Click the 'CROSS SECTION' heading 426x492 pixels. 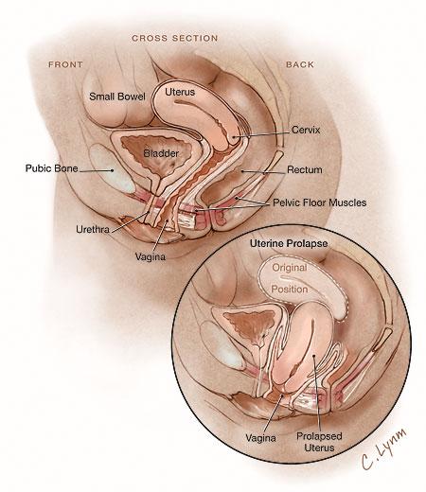[175, 38]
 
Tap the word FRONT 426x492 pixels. [65, 64]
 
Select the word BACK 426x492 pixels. [300, 64]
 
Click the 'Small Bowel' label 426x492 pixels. [117, 97]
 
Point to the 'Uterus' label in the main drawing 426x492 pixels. [180, 92]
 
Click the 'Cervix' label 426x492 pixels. [306, 130]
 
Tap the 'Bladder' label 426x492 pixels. [161, 153]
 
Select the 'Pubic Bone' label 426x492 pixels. [51, 168]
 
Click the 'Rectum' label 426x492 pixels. [305, 169]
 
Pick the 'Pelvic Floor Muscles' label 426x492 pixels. [319, 202]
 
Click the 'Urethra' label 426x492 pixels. [93, 229]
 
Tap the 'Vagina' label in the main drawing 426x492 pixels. [151, 257]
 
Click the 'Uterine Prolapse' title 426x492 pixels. [289, 243]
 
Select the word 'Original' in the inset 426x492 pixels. [290, 268]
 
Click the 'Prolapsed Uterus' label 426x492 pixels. [319, 442]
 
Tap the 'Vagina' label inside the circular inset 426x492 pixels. [260, 438]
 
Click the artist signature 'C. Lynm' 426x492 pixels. [383, 448]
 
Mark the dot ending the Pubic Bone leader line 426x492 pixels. [112, 170]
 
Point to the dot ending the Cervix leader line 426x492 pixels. [234, 137]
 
